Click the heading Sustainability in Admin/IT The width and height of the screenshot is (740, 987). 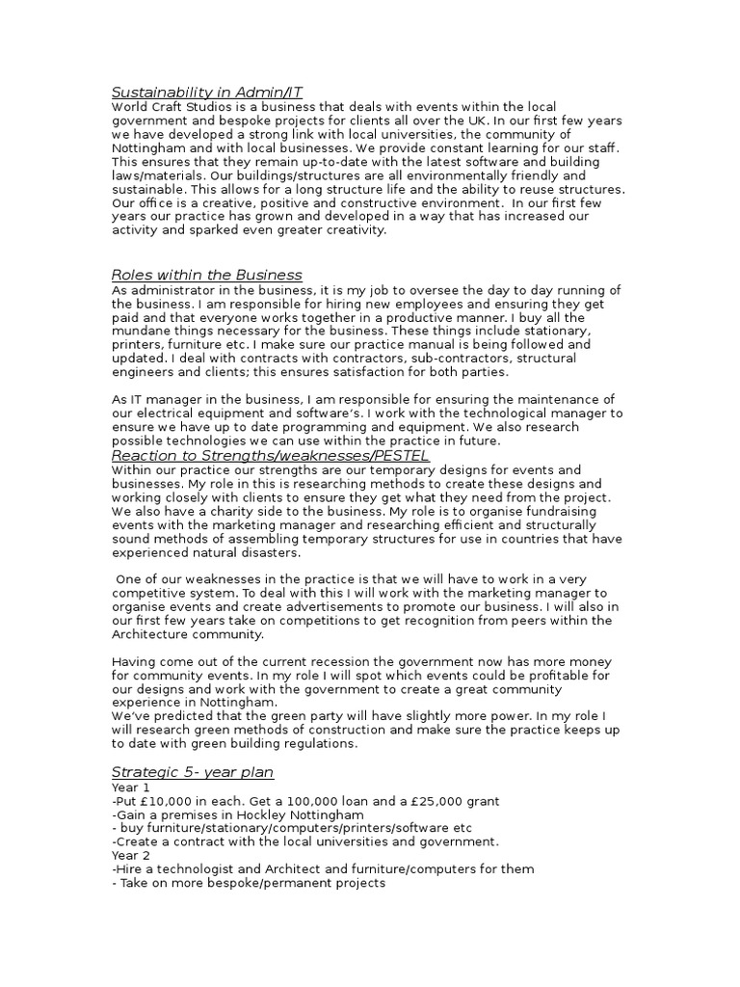tap(207, 93)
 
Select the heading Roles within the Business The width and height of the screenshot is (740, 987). tap(207, 276)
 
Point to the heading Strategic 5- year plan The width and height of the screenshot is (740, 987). tap(193, 772)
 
